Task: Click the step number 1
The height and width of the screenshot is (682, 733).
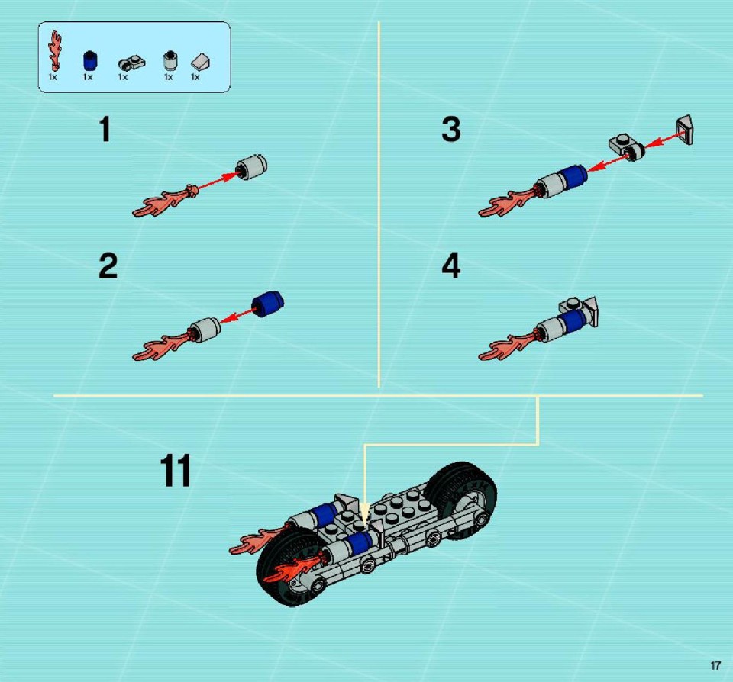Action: [105, 130]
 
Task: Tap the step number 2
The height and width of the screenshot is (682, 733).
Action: [108, 265]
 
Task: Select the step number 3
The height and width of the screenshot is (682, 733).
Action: [451, 130]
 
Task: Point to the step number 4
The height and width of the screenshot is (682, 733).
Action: [451, 265]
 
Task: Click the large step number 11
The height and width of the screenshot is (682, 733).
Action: [176, 471]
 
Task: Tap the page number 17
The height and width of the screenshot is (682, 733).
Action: [715, 666]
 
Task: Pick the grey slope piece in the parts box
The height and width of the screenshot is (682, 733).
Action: [201, 62]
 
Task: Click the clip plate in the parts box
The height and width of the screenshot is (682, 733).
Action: [131, 63]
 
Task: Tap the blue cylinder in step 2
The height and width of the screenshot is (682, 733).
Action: [267, 304]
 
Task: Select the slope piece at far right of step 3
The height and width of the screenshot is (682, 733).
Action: [684, 130]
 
